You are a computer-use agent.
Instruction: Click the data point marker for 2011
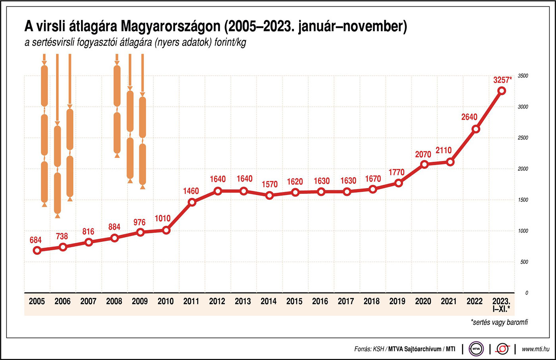tap(192, 202)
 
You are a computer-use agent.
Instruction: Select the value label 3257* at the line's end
tap(502, 80)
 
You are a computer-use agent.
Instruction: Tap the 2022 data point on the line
tap(476, 129)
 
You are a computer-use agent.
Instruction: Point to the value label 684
tap(35, 240)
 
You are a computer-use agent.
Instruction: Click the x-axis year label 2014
tap(268, 301)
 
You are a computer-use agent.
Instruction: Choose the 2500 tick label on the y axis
tap(523, 138)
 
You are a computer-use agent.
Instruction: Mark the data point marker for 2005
tap(37, 250)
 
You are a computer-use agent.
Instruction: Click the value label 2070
tap(423, 154)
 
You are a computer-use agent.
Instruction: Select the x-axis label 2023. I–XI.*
tap(501, 304)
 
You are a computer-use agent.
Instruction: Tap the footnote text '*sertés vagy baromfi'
tap(499, 322)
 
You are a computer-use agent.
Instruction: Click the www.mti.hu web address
tap(535, 349)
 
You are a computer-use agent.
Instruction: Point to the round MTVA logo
tap(476, 349)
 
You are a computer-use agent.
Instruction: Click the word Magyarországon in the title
tap(170, 27)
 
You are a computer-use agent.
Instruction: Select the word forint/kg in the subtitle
tap(230, 43)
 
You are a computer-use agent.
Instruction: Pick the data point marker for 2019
tap(399, 183)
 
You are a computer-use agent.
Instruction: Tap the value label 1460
tap(191, 191)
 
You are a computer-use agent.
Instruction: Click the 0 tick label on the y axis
tap(527, 293)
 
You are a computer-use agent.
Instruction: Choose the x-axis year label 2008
tap(114, 301)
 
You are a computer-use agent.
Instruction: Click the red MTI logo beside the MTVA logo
tap(502, 349)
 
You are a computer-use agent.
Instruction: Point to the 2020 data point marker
tap(424, 165)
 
